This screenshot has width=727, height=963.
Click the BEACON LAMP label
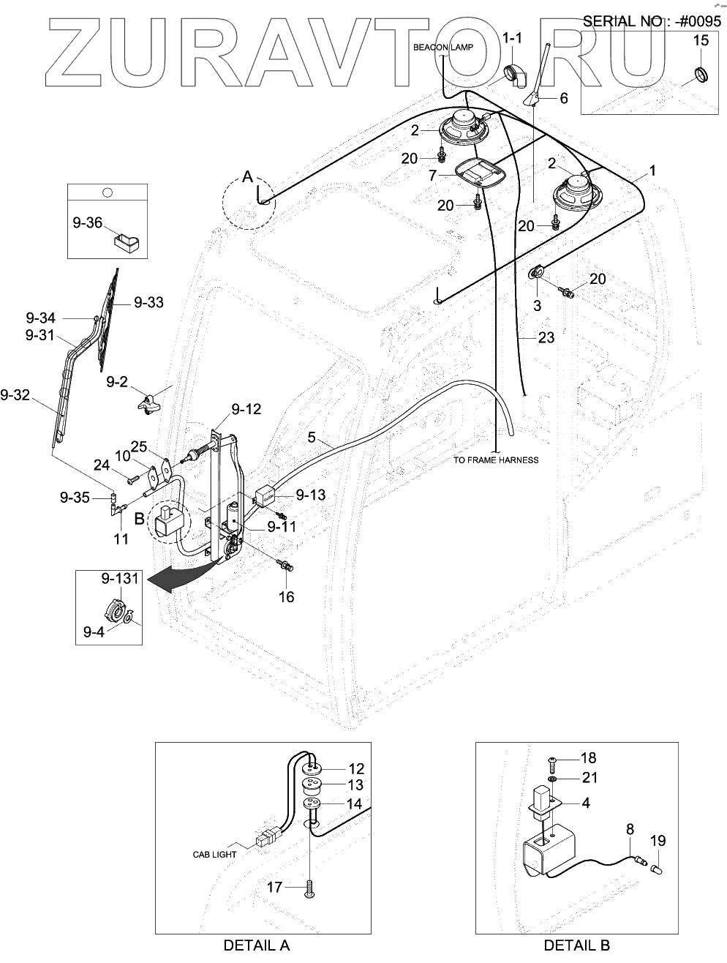click(443, 48)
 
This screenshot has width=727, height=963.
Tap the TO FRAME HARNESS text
click(496, 460)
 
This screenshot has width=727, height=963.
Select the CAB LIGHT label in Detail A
click(214, 855)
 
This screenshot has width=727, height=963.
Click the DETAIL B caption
click(576, 945)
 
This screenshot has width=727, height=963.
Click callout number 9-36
click(87, 223)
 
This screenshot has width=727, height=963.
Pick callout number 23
click(546, 338)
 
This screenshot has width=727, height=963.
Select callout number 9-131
click(120, 578)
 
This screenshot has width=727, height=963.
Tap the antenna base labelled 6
click(532, 100)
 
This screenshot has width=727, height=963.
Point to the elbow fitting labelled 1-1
click(513, 75)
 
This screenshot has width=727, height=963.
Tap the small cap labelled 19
click(656, 869)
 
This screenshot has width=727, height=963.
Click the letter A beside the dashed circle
click(248, 177)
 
